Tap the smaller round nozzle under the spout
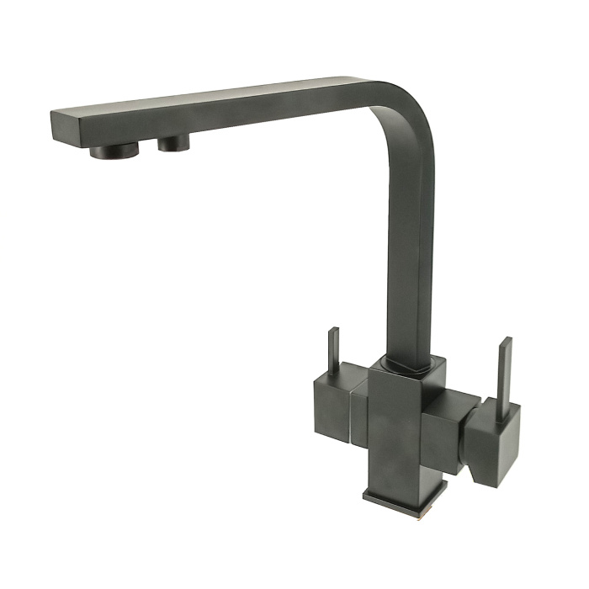pos(174,143)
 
